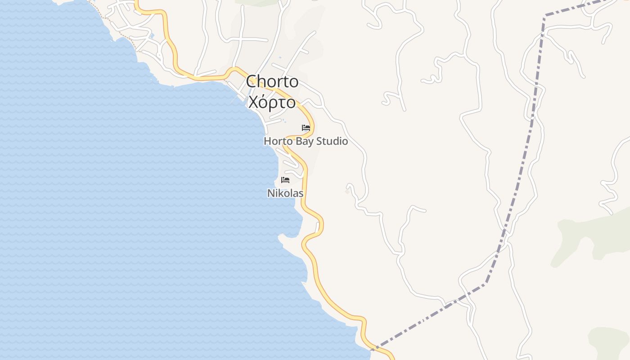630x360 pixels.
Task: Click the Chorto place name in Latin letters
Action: click(x=272, y=81)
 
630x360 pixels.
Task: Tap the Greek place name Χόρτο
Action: click(x=272, y=103)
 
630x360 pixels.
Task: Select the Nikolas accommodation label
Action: click(x=285, y=193)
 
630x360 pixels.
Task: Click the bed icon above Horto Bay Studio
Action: click(x=306, y=128)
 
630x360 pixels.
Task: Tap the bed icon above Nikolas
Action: click(x=285, y=180)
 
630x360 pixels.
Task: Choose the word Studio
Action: click(x=332, y=141)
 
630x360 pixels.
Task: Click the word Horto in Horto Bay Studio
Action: click(x=278, y=141)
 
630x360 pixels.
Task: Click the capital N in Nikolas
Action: click(x=271, y=193)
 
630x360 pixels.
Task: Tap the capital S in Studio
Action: click(x=319, y=141)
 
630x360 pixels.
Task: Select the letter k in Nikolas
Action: click(x=281, y=193)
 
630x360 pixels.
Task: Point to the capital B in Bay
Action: click(x=298, y=141)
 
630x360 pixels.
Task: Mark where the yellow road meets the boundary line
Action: click(x=376, y=348)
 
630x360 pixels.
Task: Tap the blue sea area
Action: click(x=112, y=202)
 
